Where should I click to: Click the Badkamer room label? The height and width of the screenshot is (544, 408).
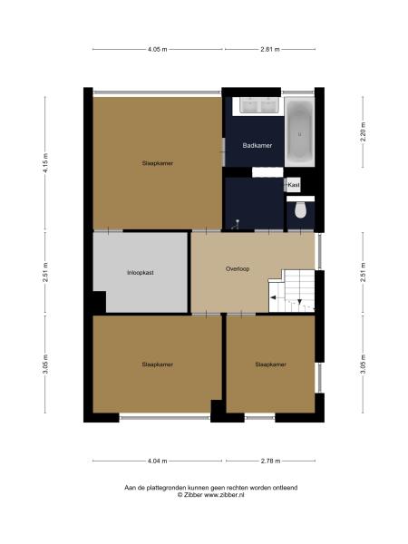coord(257,145)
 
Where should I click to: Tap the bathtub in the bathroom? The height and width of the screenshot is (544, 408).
coord(298,133)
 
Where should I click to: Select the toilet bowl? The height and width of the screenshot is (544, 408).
coord(300,211)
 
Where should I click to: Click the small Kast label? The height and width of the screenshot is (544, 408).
coord(293,184)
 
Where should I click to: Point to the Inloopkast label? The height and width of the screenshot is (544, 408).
coord(141,272)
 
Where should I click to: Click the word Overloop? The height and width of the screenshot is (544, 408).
coord(238,269)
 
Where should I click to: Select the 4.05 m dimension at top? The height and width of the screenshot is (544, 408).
coord(158,50)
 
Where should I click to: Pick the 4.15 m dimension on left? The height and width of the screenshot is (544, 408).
coord(45,162)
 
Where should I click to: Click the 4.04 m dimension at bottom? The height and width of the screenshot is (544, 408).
coord(158,461)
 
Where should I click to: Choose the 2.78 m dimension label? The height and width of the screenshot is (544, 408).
coord(270,461)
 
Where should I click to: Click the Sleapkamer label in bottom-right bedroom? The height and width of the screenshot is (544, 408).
coord(270,364)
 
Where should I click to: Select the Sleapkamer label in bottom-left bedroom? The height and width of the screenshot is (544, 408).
coord(157,364)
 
